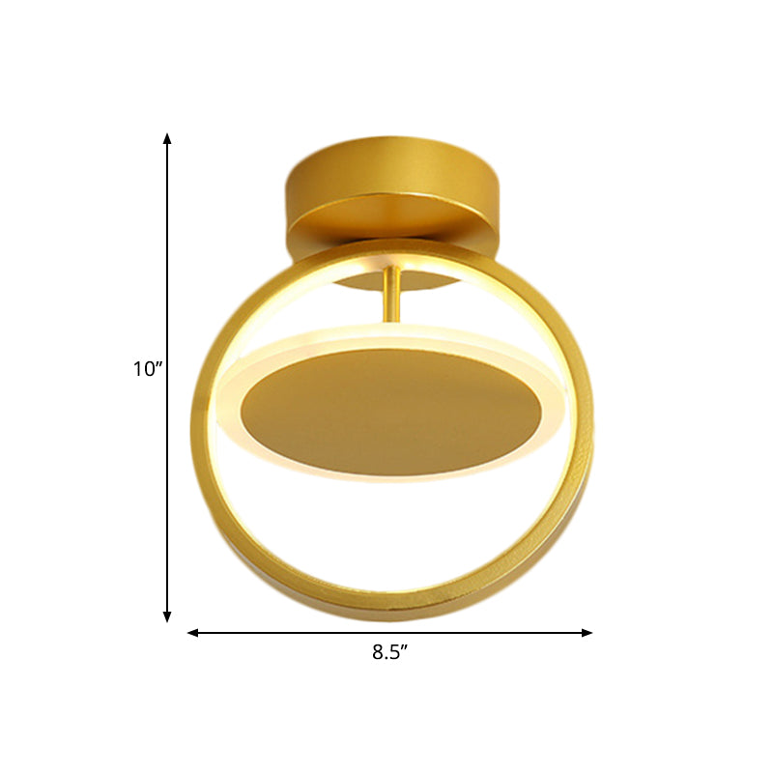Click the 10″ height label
pos(148,368)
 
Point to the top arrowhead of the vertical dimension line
pos(167,137)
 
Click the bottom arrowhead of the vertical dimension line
pos(167,616)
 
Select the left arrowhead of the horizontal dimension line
pos(192,633)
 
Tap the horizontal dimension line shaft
pos(290,633)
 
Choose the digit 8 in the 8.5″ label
pos(377,652)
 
